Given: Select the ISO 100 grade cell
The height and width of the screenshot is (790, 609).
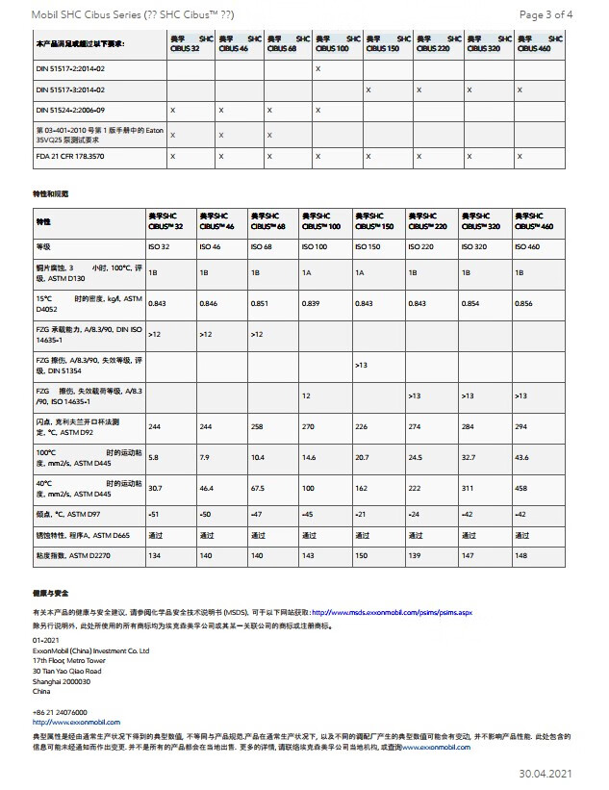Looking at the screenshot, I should click(x=314, y=247).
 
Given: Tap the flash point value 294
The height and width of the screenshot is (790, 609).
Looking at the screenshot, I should click(x=520, y=426).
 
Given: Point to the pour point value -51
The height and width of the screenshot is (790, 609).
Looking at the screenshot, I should click(x=154, y=515).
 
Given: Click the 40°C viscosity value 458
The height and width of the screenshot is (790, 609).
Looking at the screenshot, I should click(x=521, y=489).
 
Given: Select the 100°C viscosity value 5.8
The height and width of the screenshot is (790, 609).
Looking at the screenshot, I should click(x=153, y=457).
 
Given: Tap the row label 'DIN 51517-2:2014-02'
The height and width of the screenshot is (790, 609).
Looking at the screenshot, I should click(x=70, y=69).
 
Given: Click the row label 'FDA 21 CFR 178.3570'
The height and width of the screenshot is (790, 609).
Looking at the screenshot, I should click(x=70, y=155).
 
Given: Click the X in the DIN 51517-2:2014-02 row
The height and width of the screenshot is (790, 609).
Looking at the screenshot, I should click(x=318, y=69).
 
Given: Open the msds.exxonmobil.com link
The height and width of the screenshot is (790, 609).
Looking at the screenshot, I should click(x=392, y=612).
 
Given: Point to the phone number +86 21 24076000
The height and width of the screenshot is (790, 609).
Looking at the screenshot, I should click(x=59, y=713).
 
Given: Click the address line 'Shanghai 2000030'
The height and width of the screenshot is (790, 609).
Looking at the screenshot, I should click(x=62, y=680).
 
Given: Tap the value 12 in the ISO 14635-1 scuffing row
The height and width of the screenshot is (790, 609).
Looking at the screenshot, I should click(x=306, y=395).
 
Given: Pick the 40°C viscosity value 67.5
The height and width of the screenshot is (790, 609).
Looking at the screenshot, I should click(x=258, y=489).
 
